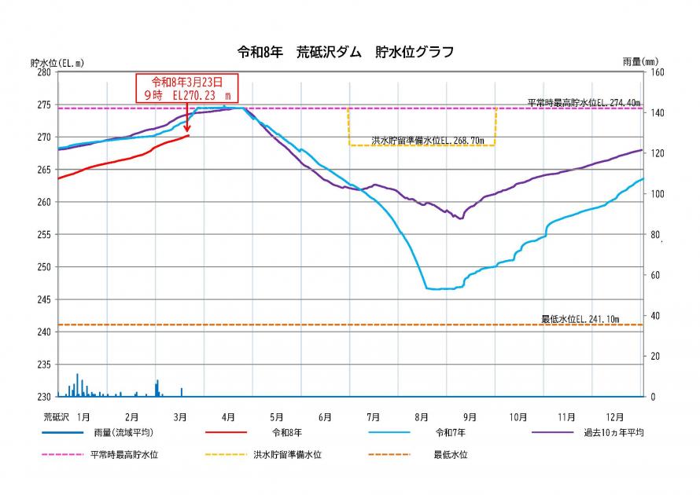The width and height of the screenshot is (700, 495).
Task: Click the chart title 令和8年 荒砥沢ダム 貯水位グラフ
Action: [x=345, y=53]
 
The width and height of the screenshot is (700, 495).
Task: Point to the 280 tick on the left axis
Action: [x=44, y=72]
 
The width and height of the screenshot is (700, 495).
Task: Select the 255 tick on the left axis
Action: [x=44, y=234]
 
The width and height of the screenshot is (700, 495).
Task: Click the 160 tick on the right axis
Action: [x=657, y=72]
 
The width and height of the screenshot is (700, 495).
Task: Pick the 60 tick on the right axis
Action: [x=654, y=275]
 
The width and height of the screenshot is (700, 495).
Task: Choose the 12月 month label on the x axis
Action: [x=614, y=416]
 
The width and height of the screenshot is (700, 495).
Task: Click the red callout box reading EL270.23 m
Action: [x=186, y=87]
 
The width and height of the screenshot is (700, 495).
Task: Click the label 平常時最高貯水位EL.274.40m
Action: [x=584, y=102]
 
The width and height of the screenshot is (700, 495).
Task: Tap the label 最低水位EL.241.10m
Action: [x=580, y=319]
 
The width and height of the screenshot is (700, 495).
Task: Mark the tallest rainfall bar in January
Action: [x=77, y=385]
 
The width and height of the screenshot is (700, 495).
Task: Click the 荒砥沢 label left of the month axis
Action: [x=57, y=416]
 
